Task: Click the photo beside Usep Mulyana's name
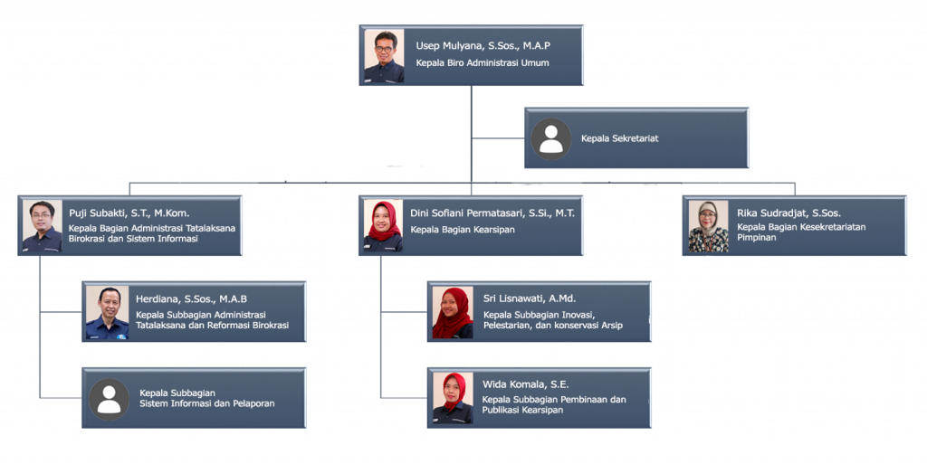pos(384,56)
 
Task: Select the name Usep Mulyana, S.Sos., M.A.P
pos(483,45)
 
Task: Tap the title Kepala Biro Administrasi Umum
pos(483,62)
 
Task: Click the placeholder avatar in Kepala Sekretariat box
pos(551,138)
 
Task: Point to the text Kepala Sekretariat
pos(619,138)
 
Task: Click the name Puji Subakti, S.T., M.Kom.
pos(129,213)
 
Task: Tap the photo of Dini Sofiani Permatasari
pos(383,226)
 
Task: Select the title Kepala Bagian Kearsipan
pos(463,230)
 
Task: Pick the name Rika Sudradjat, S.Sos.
pos(788,213)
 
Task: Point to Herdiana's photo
pos(107,313)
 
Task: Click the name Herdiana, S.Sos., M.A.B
pos(192,298)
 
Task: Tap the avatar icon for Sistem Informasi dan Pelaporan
pos(109,399)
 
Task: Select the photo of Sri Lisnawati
pos(453,313)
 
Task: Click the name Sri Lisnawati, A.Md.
pos(529,298)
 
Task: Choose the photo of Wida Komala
pos(453,399)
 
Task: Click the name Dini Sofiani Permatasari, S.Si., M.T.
pos(492,213)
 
